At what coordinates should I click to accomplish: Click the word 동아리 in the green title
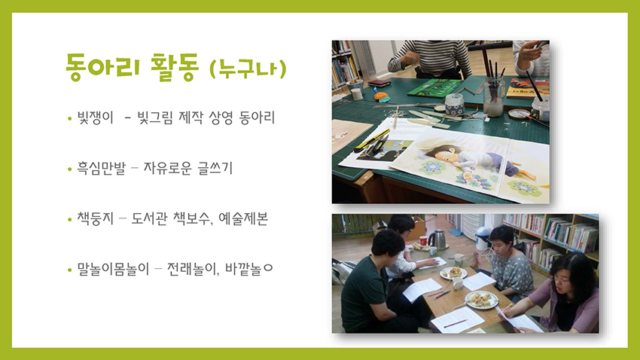point(102,66)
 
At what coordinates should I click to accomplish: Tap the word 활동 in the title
point(174,67)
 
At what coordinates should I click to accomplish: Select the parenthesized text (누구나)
point(248,69)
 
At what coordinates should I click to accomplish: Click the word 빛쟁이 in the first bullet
point(95,117)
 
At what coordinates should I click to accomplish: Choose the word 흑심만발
point(101,168)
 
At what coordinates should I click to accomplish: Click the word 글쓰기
point(215,168)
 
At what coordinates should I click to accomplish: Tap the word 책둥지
point(95,218)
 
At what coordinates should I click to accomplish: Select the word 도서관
point(149,218)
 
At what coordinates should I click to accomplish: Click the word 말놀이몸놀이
point(113,269)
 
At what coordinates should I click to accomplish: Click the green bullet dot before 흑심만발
point(69,169)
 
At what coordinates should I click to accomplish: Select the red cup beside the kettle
point(423,241)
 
